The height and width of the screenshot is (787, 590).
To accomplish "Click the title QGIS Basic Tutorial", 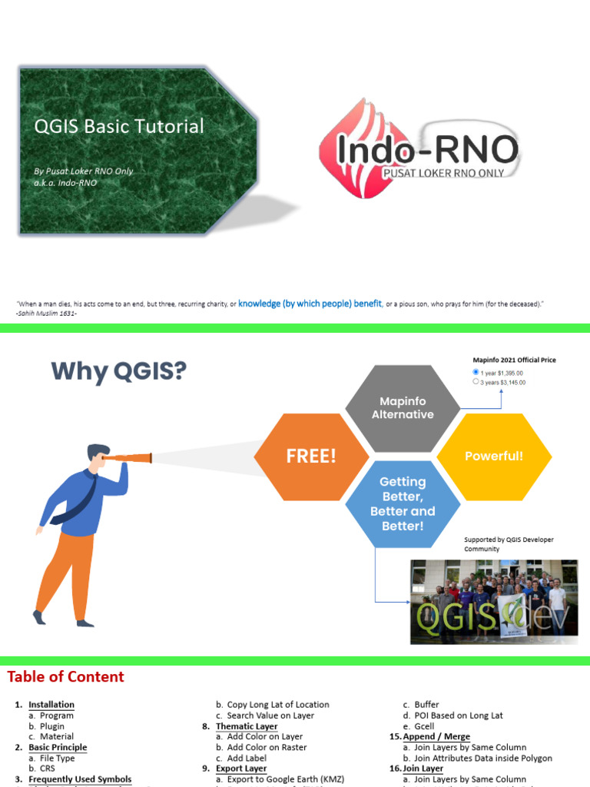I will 119,126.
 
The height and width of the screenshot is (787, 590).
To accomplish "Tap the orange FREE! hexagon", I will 311,456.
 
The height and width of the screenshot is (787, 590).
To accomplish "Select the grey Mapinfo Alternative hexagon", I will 403,407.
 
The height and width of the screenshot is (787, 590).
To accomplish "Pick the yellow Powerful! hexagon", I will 494,456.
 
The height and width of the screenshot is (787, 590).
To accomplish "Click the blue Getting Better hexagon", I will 403,504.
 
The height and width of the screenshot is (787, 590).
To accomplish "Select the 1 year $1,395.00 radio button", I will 476,372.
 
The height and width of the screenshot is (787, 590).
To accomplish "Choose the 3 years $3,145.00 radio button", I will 476,381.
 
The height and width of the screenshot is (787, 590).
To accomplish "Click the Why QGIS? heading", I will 119,371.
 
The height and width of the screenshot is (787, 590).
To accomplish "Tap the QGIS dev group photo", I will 493,602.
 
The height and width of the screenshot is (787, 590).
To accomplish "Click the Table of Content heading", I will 65,677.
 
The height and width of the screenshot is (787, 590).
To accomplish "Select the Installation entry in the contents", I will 51,705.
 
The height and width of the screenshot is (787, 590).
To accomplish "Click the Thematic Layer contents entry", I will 247,726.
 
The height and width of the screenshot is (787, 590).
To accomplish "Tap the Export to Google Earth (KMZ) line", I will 285,779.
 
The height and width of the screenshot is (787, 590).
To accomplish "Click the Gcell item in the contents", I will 423,726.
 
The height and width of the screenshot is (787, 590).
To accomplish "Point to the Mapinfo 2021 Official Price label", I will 514,360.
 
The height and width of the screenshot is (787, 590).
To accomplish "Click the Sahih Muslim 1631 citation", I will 46,313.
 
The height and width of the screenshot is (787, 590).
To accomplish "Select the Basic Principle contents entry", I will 58,748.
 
